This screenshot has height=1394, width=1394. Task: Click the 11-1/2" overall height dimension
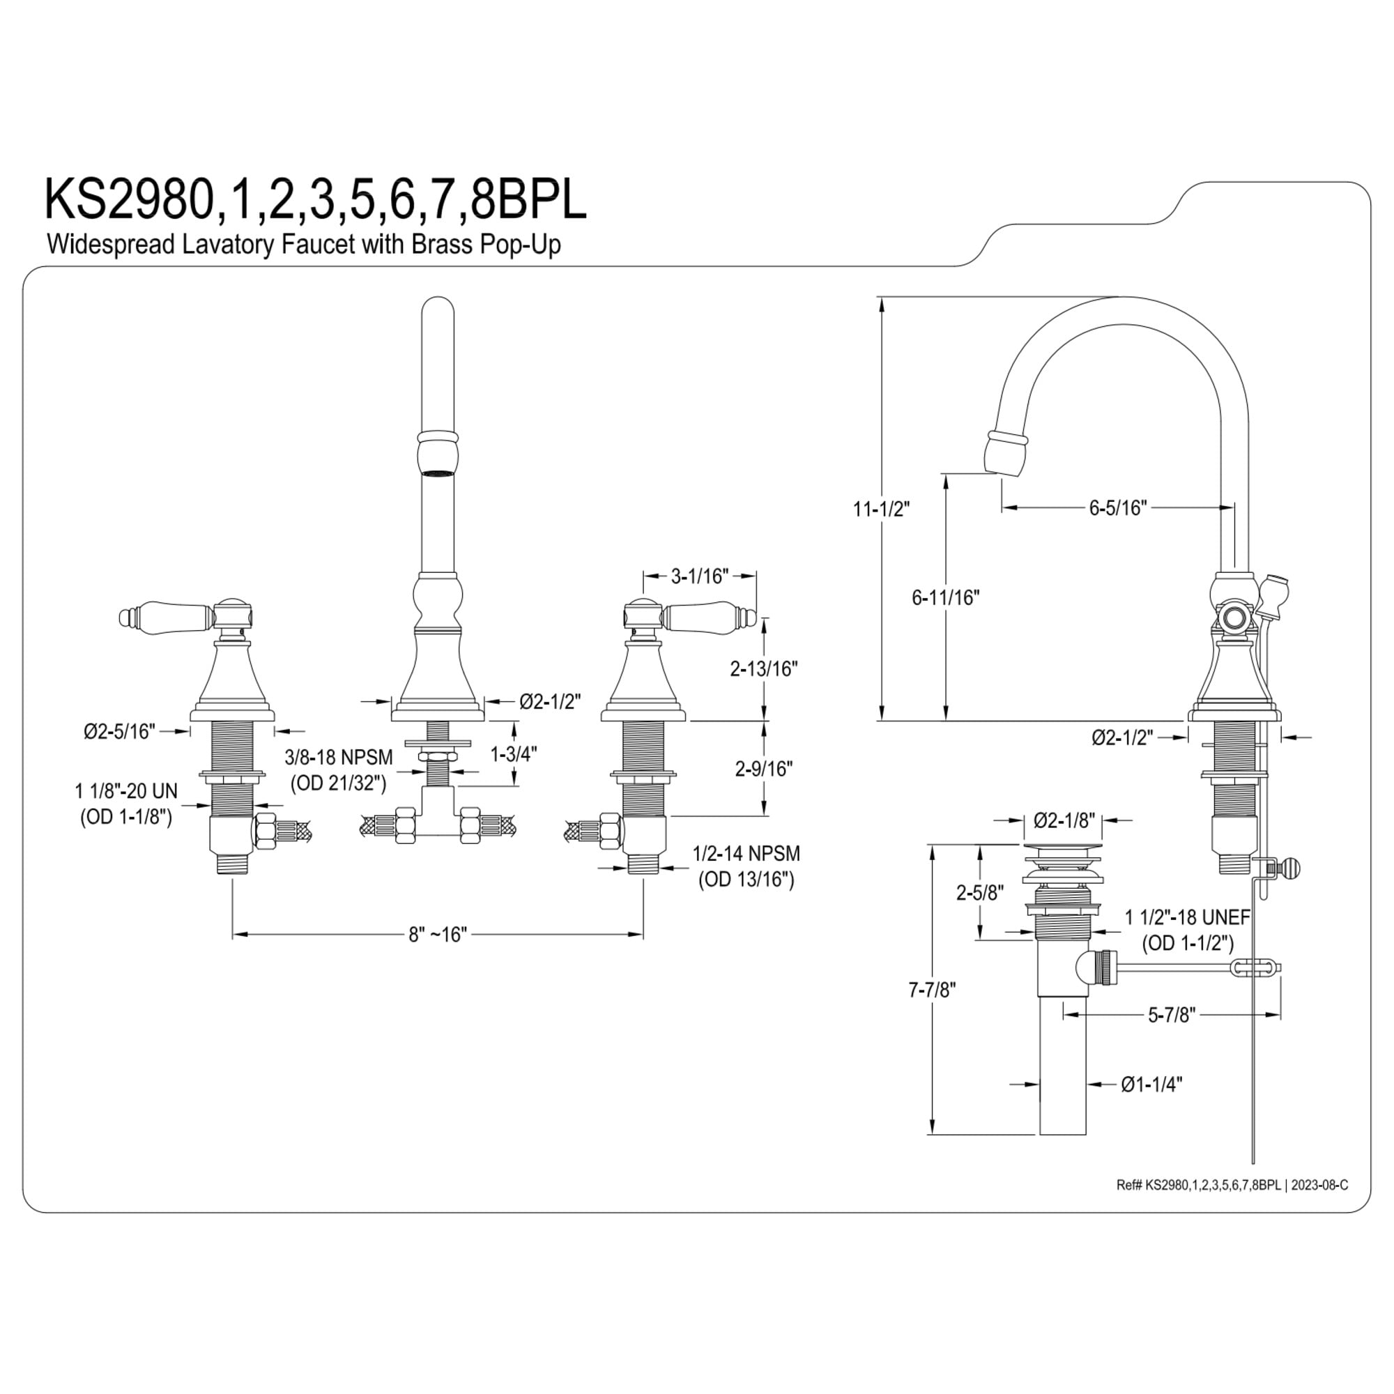881,509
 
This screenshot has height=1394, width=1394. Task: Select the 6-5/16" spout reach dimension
1118,508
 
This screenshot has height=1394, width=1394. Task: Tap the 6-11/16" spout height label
945,597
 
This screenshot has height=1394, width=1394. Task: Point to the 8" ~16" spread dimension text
438,935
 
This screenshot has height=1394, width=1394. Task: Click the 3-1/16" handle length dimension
700,576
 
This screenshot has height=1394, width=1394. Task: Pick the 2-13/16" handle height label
763,669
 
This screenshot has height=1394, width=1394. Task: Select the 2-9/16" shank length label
764,769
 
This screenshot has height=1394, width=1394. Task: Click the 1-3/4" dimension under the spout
514,754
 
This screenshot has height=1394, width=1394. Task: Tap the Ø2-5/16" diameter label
119,732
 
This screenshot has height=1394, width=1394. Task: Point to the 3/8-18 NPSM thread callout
339,757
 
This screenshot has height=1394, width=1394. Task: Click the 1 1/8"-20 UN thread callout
126,791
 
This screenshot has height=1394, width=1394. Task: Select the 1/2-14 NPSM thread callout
746,853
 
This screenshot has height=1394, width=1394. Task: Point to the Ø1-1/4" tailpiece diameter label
1152,1104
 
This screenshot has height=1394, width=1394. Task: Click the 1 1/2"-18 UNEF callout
1188,917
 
